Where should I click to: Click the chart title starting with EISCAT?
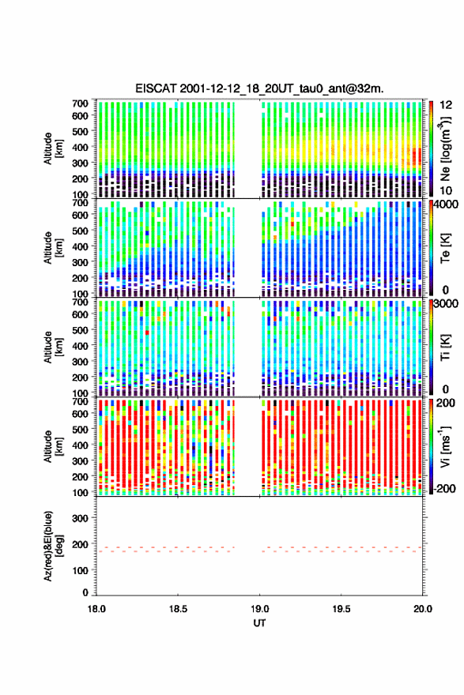click(x=259, y=88)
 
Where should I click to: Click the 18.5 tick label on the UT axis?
click(x=178, y=609)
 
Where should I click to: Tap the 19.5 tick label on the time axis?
click(x=341, y=609)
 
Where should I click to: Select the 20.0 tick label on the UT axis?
click(x=423, y=609)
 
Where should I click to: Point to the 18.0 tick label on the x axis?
click(x=96, y=609)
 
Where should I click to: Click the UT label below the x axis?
click(x=259, y=623)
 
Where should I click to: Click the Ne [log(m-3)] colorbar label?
click(x=445, y=148)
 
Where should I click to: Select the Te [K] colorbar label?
click(x=445, y=248)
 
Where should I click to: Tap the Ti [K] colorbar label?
click(x=445, y=347)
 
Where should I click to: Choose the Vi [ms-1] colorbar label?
click(x=445, y=446)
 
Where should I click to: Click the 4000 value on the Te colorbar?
click(x=446, y=205)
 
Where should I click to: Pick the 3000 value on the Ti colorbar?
click(x=446, y=303)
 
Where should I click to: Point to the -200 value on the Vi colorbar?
click(x=443, y=489)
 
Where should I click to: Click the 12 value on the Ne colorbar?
click(x=446, y=105)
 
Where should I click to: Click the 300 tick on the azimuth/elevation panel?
click(x=81, y=518)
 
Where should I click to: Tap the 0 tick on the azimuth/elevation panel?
click(x=85, y=592)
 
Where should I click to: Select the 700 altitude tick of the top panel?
click(x=81, y=103)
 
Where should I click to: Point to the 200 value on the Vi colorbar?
click(x=446, y=403)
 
